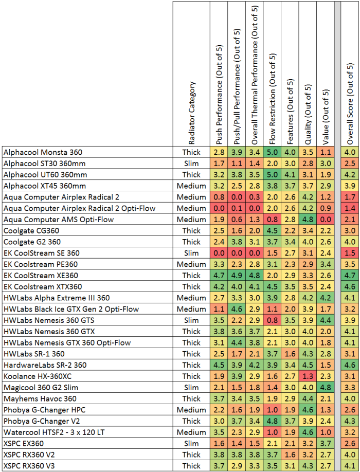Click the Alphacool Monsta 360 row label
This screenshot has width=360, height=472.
point(43,152)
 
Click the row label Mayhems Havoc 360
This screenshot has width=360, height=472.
point(40,399)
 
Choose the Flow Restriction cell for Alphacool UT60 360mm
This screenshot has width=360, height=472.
point(273,175)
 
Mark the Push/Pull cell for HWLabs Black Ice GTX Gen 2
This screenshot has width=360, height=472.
point(237,309)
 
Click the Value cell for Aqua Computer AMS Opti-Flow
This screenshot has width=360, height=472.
point(326,220)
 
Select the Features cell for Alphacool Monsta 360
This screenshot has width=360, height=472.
point(290,152)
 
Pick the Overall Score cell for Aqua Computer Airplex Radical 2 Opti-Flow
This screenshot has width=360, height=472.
point(350,208)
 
